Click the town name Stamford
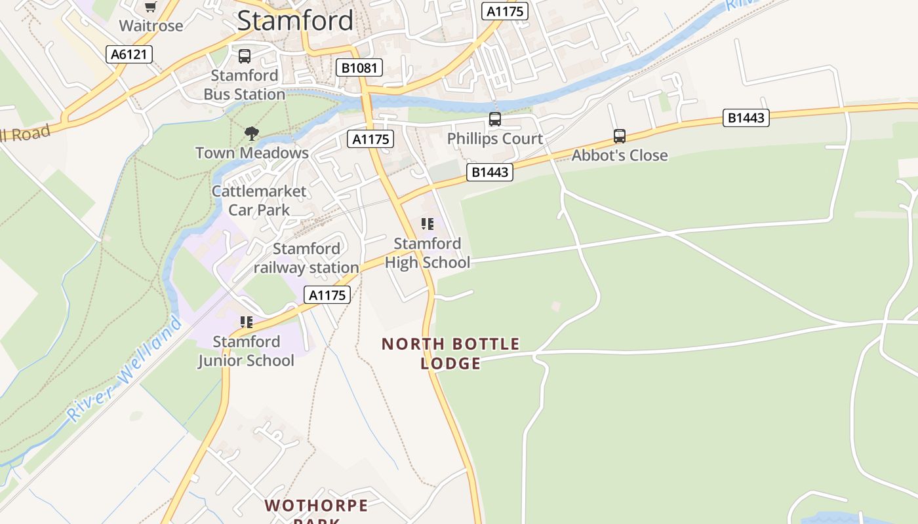click(295, 20)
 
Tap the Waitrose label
click(151, 26)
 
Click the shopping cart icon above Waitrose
click(151, 7)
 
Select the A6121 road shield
click(129, 54)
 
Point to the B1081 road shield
click(359, 67)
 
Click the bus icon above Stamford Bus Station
click(245, 56)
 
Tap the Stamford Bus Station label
click(245, 85)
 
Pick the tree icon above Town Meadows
click(251, 134)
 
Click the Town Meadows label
click(252, 153)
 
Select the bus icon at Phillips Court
click(495, 119)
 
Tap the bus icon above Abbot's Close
click(620, 136)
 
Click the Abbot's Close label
click(620, 155)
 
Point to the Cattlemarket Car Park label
click(259, 200)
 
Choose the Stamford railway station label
click(306, 258)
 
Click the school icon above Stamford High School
click(428, 225)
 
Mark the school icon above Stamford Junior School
click(247, 322)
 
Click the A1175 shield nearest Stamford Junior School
click(327, 295)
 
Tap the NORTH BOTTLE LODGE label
click(450, 353)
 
